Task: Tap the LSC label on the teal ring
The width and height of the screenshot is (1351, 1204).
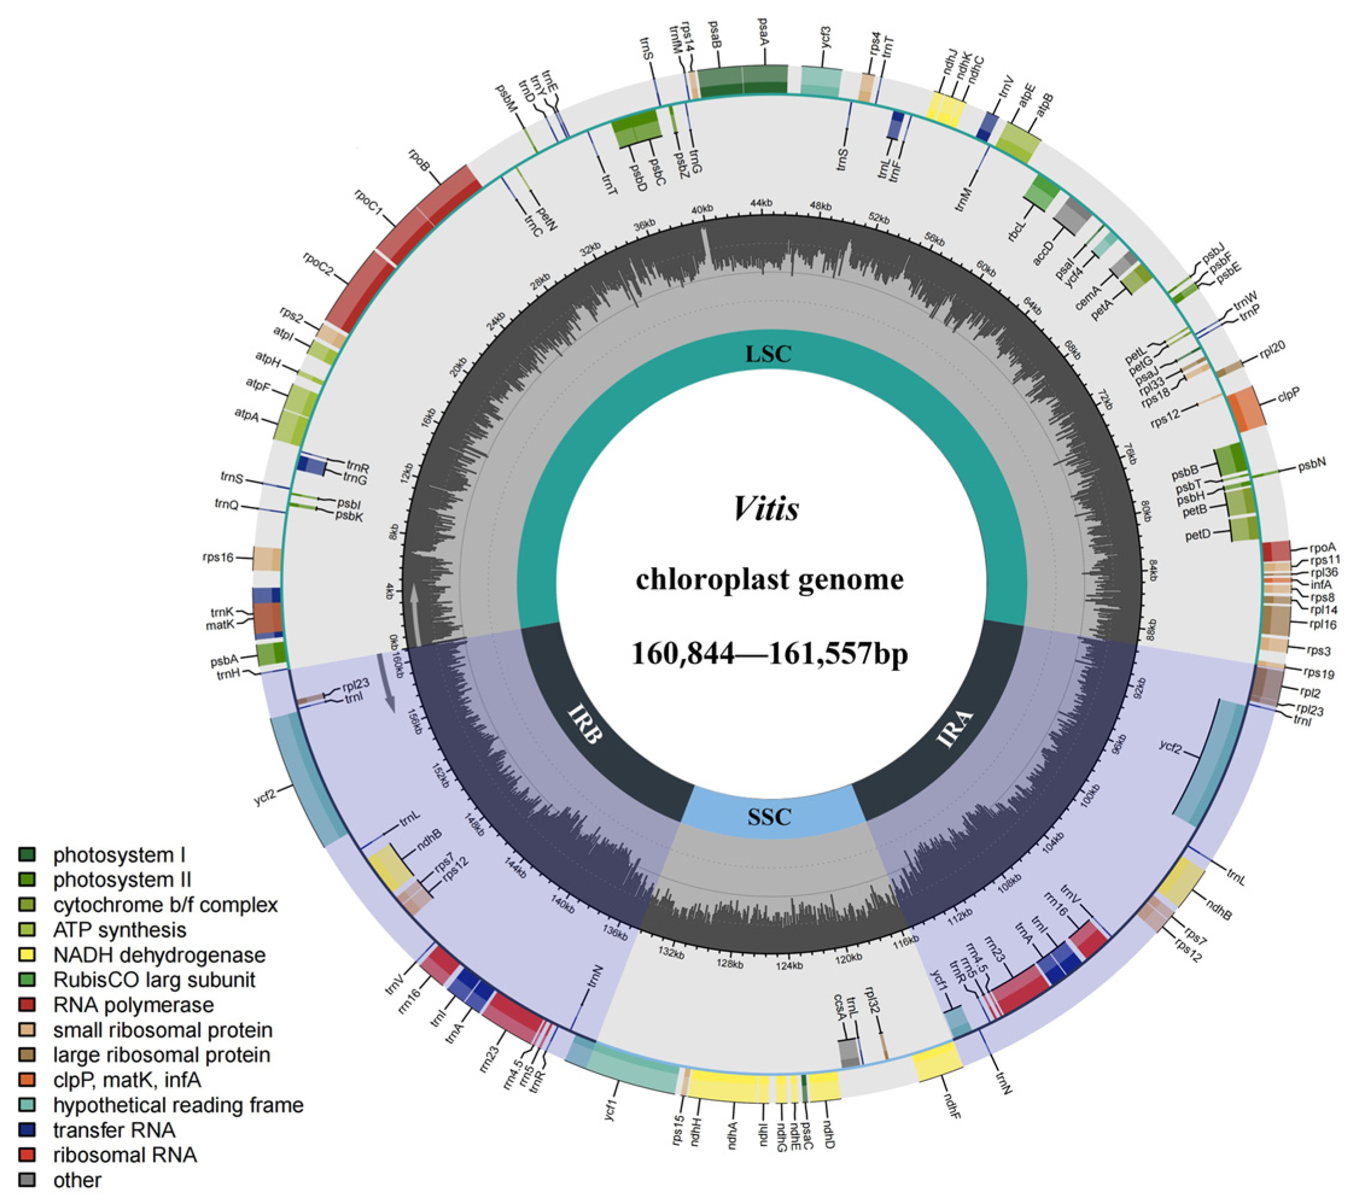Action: coord(768,355)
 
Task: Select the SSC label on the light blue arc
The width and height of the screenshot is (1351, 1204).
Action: coord(770,818)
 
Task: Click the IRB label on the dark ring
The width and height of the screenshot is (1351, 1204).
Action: coord(585,724)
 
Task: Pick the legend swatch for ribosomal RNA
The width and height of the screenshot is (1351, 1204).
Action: coord(27,1155)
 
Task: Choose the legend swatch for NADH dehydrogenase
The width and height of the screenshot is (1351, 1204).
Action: coord(27,955)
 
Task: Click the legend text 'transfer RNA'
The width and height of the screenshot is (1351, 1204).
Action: coord(114,1130)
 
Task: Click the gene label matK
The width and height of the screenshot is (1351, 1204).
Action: coord(220,624)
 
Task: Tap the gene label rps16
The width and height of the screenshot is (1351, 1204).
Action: coord(219,558)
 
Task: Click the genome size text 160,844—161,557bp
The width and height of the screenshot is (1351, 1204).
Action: coord(770,654)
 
